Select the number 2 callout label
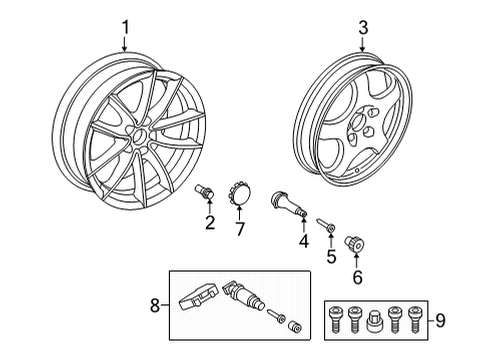click(x=210, y=222)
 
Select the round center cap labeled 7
click(x=240, y=194)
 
